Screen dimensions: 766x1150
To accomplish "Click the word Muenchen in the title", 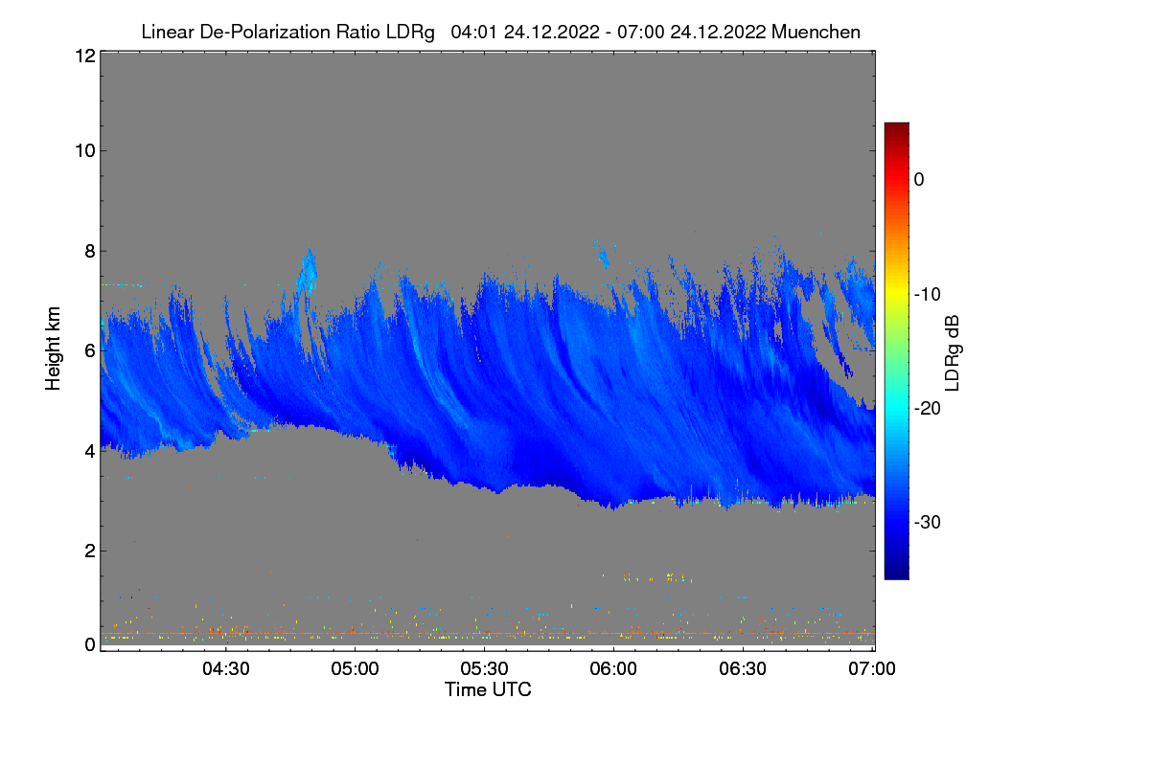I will coord(816,32).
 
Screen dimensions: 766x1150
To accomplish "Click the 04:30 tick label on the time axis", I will coord(225,669).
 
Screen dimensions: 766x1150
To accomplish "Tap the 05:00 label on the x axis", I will coord(355,669).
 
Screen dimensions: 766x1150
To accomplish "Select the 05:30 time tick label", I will coord(484,669).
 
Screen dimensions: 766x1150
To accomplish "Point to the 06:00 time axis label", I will coord(613,669).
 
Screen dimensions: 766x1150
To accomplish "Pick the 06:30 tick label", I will coord(743,669).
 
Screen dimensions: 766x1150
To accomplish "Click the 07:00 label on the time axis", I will coord(870,669).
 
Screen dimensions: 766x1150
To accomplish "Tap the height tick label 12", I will coord(84,56).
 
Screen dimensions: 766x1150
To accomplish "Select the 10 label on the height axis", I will coord(84,150).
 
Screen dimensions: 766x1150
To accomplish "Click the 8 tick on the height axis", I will coord(89,251).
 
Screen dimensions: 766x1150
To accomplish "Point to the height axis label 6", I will coord(89,350).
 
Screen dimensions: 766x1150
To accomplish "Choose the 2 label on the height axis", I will coord(89,550).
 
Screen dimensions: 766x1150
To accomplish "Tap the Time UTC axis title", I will coord(488,689).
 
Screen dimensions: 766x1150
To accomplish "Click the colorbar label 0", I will coord(918,179).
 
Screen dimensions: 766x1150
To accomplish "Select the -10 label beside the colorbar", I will coord(926,294).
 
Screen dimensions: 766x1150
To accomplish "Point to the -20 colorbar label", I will coord(926,408).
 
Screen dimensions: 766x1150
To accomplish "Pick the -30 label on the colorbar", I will coord(926,523).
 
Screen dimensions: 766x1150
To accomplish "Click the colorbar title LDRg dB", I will coord(954,350).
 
